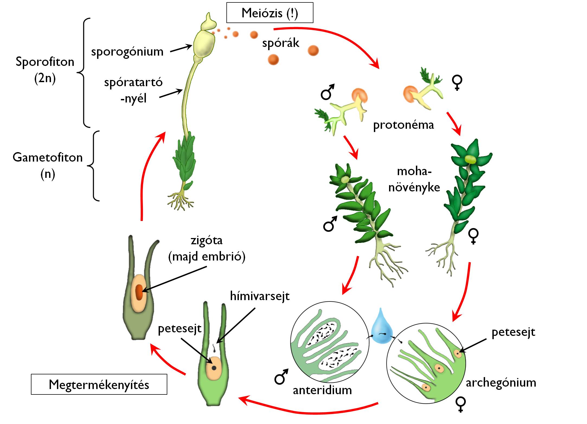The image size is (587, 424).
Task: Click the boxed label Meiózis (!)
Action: click(270, 13)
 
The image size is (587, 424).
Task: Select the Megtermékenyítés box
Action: click(99, 384)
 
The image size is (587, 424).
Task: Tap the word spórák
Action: click(281, 43)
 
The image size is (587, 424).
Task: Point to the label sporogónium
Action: click(127, 52)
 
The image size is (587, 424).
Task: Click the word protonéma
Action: click(403, 125)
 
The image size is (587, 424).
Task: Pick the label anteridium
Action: click(322, 390)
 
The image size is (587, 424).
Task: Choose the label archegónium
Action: click(501, 383)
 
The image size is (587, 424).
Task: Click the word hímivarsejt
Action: click(260, 296)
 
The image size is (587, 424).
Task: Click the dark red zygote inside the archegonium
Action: click(139, 292)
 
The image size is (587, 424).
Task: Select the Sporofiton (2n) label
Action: click(45, 70)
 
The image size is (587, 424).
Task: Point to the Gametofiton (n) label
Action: click(48, 165)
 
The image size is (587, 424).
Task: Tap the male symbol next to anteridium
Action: click(281, 377)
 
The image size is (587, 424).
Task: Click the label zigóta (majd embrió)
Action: click(207, 248)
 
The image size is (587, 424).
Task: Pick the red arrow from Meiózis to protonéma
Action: click(339, 38)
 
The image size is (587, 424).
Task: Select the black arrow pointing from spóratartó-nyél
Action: click(171, 93)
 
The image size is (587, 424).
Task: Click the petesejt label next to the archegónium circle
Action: click(513, 332)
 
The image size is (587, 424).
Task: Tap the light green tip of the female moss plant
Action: click(471, 159)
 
